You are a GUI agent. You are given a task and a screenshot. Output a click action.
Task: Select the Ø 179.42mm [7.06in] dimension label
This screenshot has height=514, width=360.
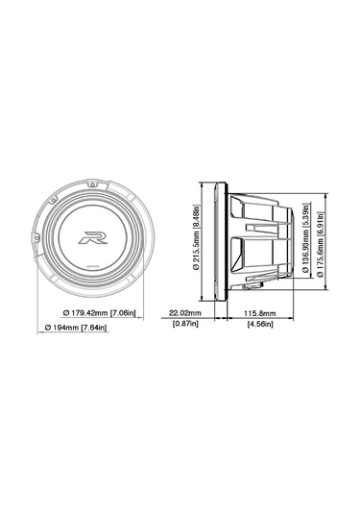pyautogui.click(x=101, y=313)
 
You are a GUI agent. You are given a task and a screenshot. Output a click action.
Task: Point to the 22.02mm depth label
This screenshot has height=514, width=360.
pyautogui.click(x=184, y=313)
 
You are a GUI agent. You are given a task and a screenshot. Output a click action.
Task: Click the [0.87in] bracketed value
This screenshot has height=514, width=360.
pyautogui.click(x=184, y=326)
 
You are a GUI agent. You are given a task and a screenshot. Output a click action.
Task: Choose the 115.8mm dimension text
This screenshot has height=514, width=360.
pyautogui.click(x=259, y=313)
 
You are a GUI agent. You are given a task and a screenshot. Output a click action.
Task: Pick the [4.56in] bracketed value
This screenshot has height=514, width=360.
pyautogui.click(x=259, y=326)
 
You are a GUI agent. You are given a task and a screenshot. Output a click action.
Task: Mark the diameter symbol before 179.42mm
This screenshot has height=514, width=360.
pyautogui.click(x=65, y=313)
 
